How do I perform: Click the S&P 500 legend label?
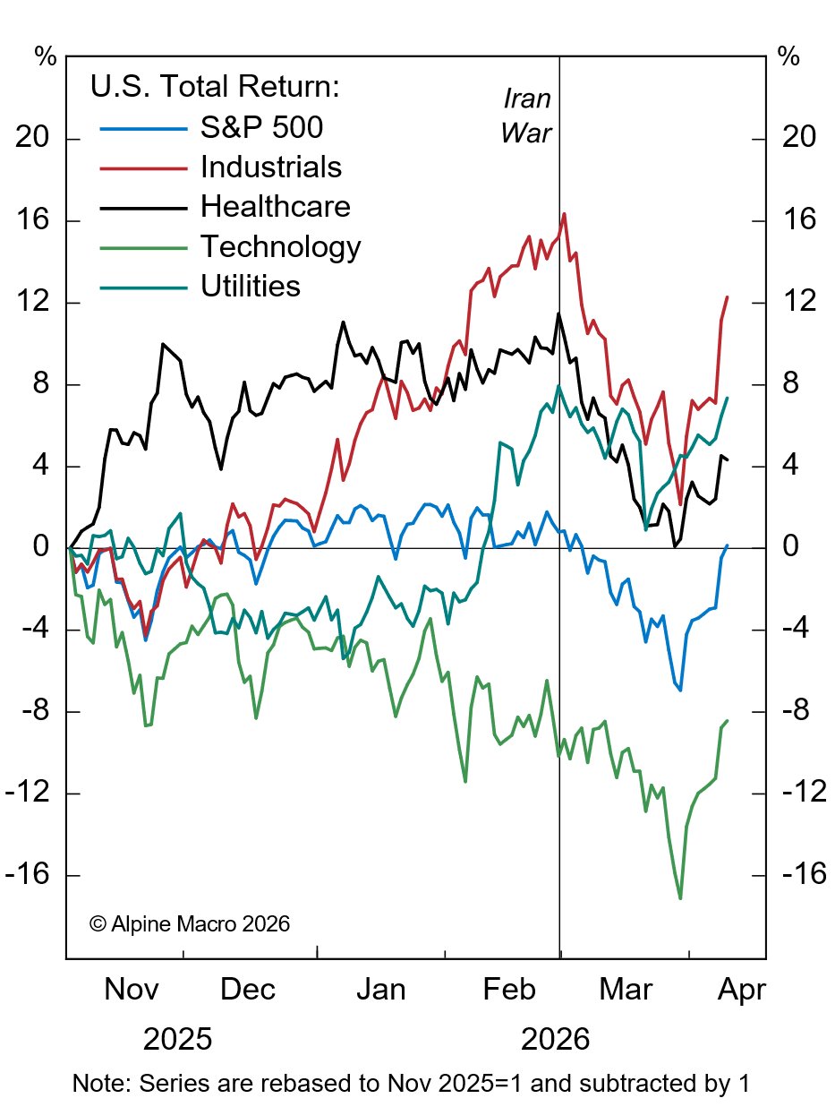(261, 128)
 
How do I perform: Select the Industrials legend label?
(271, 167)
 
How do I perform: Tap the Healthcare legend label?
(275, 207)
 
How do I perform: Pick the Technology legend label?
(280, 246)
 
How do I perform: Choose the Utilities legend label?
(250, 286)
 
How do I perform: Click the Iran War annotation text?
(526, 115)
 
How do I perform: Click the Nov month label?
(132, 991)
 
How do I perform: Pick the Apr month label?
(740, 991)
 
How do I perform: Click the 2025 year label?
(177, 1040)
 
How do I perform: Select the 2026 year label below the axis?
(555, 1040)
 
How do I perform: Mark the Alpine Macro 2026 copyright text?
(190, 923)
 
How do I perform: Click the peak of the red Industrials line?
(564, 214)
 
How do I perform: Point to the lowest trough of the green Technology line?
(680, 897)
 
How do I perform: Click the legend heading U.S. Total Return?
(215, 88)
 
